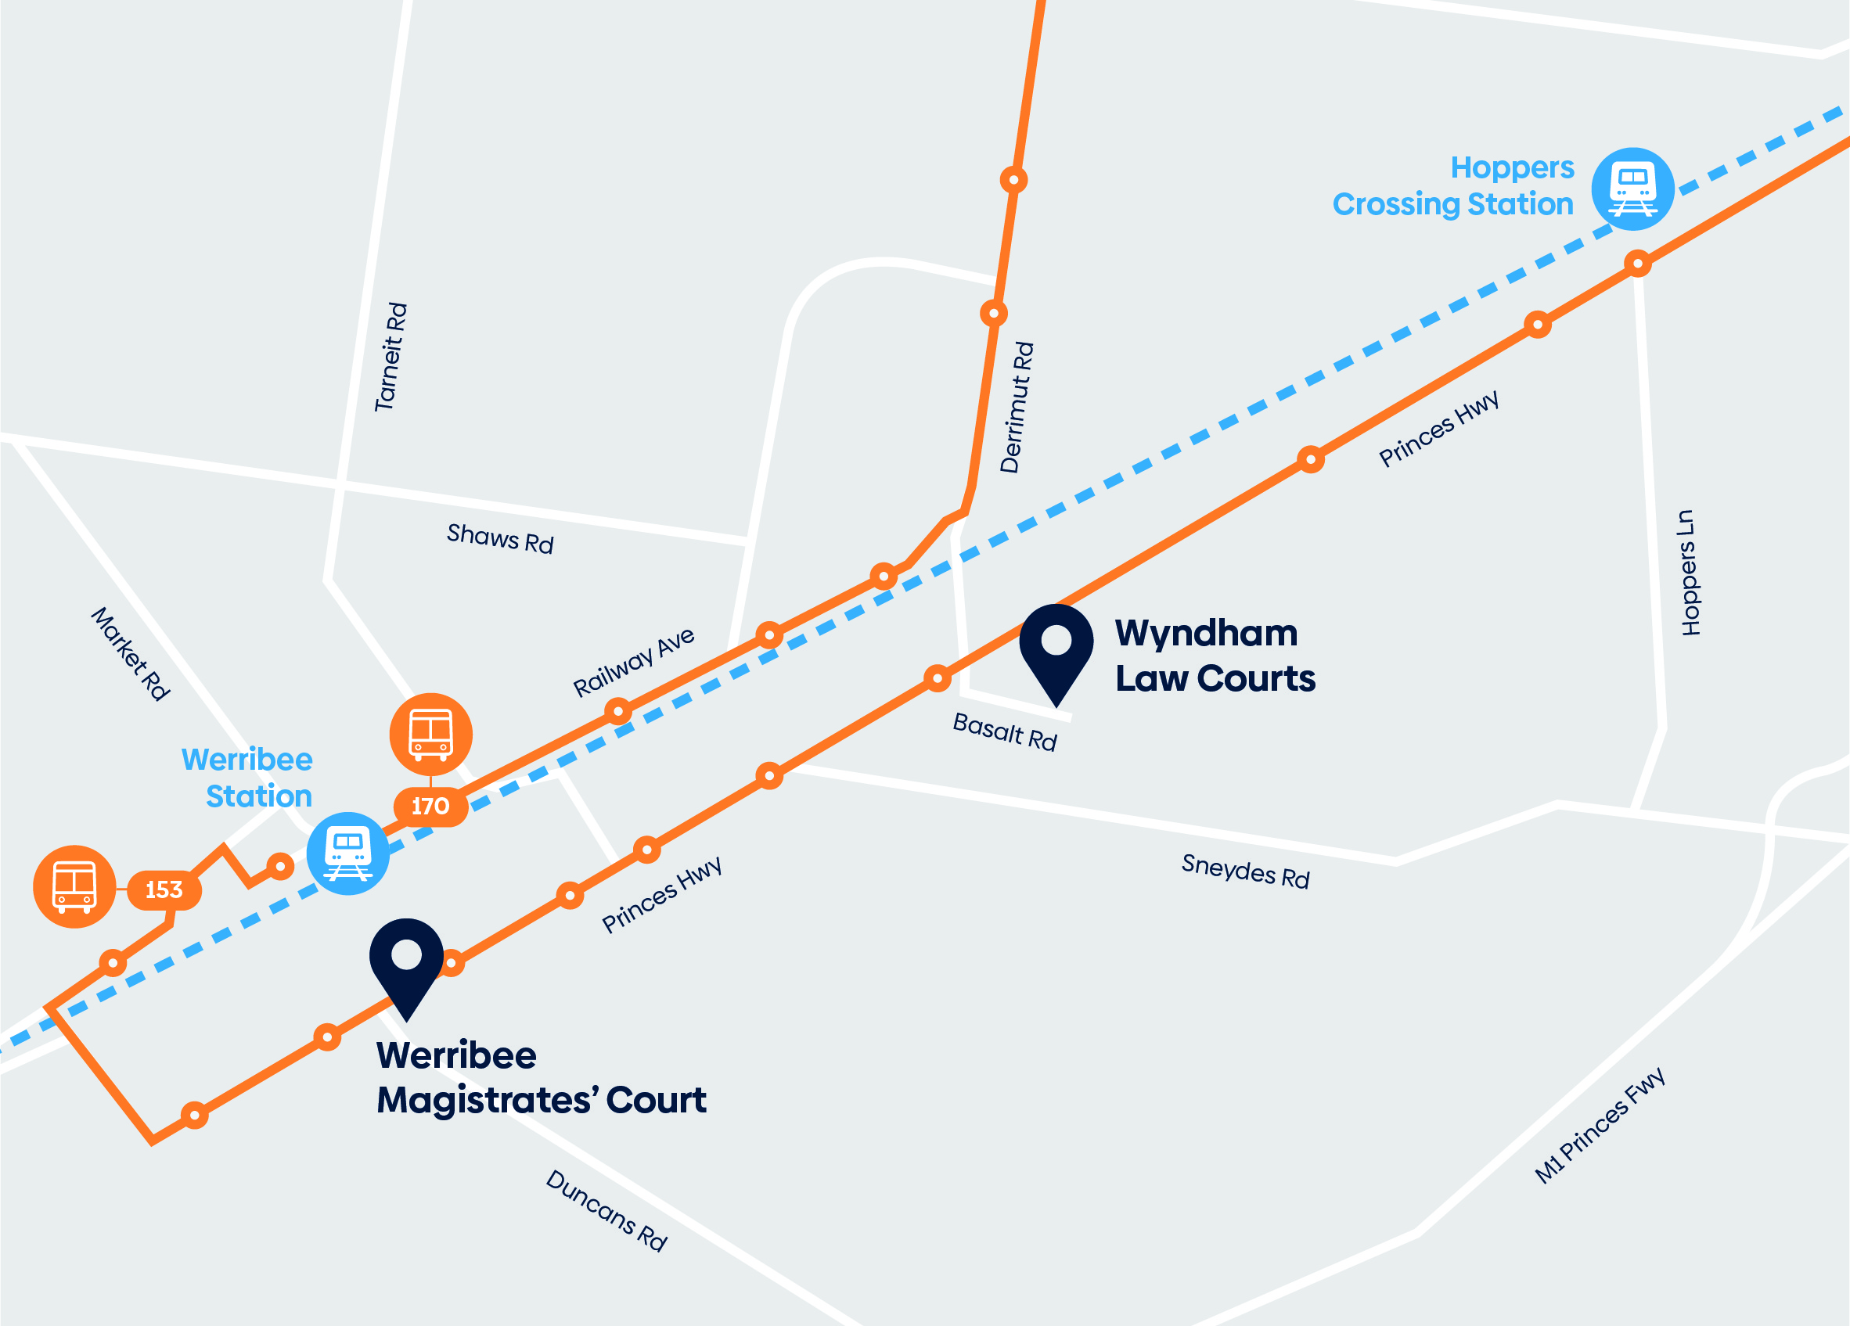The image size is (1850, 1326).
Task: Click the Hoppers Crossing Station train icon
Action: point(1632,189)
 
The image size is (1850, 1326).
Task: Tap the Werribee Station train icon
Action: point(348,853)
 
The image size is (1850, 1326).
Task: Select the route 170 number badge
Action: point(430,807)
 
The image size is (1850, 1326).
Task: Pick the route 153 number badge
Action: point(164,889)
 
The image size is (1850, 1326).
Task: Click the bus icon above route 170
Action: point(430,734)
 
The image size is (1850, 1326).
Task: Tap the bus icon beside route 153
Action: point(74,886)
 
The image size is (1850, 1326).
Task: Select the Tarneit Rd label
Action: point(391,358)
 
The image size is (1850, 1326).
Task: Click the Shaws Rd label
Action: point(500,538)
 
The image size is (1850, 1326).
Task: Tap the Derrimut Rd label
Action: point(1017,407)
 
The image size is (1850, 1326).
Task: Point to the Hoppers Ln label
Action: point(1690,573)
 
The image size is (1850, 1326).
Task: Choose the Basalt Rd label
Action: point(1004,731)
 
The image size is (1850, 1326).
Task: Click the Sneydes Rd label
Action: point(1245,871)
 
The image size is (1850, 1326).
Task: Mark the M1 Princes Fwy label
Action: point(1600,1127)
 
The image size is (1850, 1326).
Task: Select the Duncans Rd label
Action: point(606,1210)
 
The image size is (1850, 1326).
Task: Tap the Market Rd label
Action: point(131,653)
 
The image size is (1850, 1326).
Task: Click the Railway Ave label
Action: point(634,661)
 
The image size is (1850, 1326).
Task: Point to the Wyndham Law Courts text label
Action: point(1215,656)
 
